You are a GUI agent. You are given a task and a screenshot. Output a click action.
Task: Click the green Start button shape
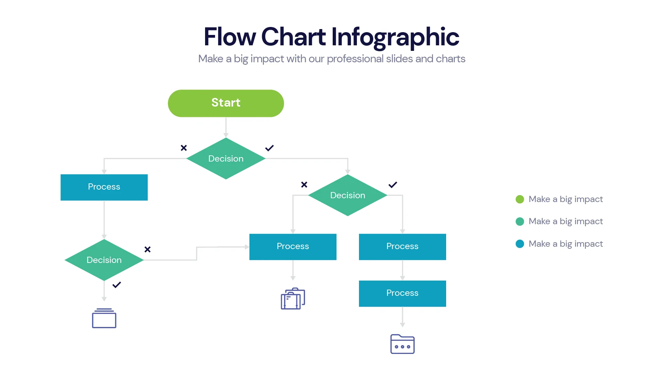[226, 103]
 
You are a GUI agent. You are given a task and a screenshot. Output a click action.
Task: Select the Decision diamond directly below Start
[226, 158]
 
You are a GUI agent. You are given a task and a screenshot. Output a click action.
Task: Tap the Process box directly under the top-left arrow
[104, 187]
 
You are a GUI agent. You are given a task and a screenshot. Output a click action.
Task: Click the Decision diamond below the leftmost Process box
[104, 260]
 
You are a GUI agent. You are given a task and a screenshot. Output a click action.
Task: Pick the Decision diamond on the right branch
[348, 195]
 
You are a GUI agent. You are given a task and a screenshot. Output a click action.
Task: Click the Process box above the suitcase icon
[293, 247]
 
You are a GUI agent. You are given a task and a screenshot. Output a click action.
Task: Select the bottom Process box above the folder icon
[402, 293]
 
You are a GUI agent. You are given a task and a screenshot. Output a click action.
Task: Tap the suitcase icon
[293, 299]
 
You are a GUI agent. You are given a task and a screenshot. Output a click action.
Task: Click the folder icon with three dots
[402, 344]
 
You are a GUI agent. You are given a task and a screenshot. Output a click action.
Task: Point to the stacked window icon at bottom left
[104, 318]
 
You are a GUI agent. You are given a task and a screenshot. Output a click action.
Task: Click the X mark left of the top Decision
[184, 148]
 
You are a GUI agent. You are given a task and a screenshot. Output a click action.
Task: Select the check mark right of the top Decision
[269, 148]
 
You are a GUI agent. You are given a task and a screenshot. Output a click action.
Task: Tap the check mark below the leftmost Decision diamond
[117, 285]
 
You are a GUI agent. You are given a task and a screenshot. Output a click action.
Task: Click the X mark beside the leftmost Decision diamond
[147, 249]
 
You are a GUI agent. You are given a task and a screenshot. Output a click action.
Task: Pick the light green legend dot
[519, 199]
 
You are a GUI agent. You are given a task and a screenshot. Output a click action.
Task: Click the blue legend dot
[519, 244]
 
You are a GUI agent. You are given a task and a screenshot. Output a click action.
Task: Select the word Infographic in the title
[395, 37]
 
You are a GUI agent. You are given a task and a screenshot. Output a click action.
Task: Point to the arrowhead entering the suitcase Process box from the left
[247, 247]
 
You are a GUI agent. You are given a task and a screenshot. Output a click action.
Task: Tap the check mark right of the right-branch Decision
[393, 185]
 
